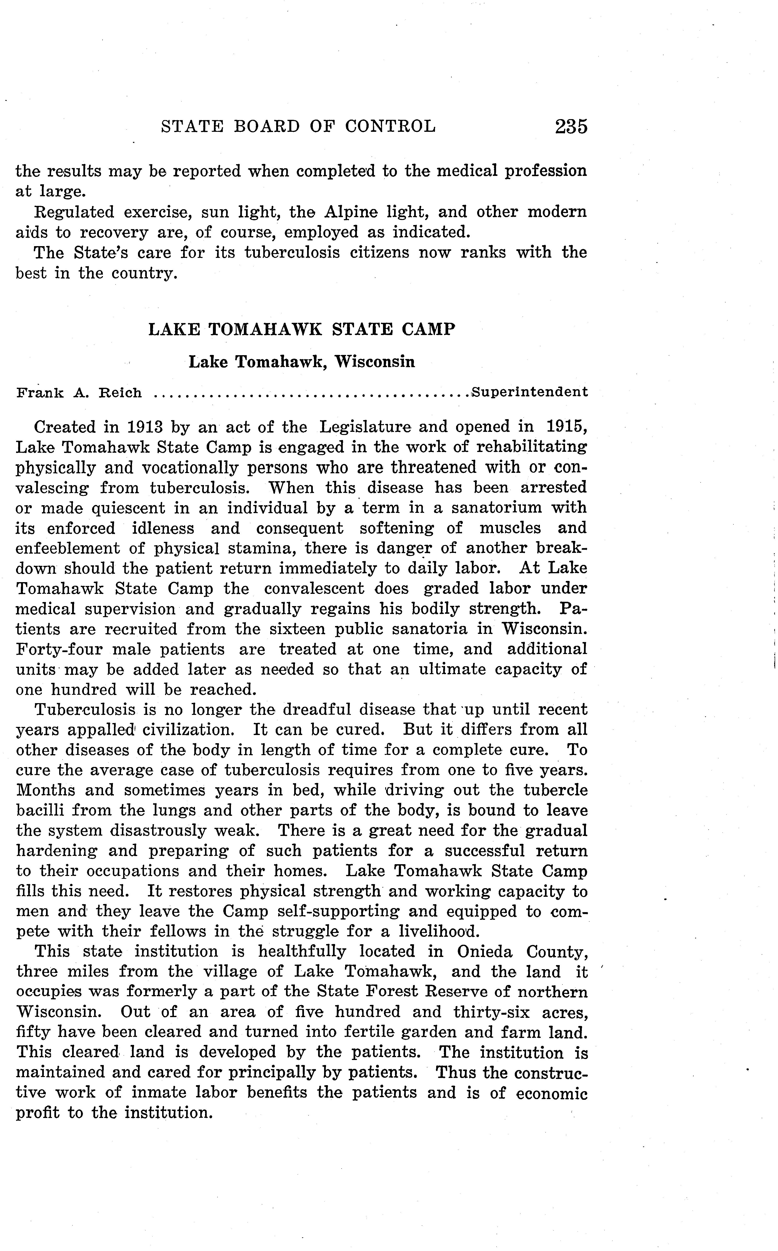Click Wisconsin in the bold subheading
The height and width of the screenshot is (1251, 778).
375,362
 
